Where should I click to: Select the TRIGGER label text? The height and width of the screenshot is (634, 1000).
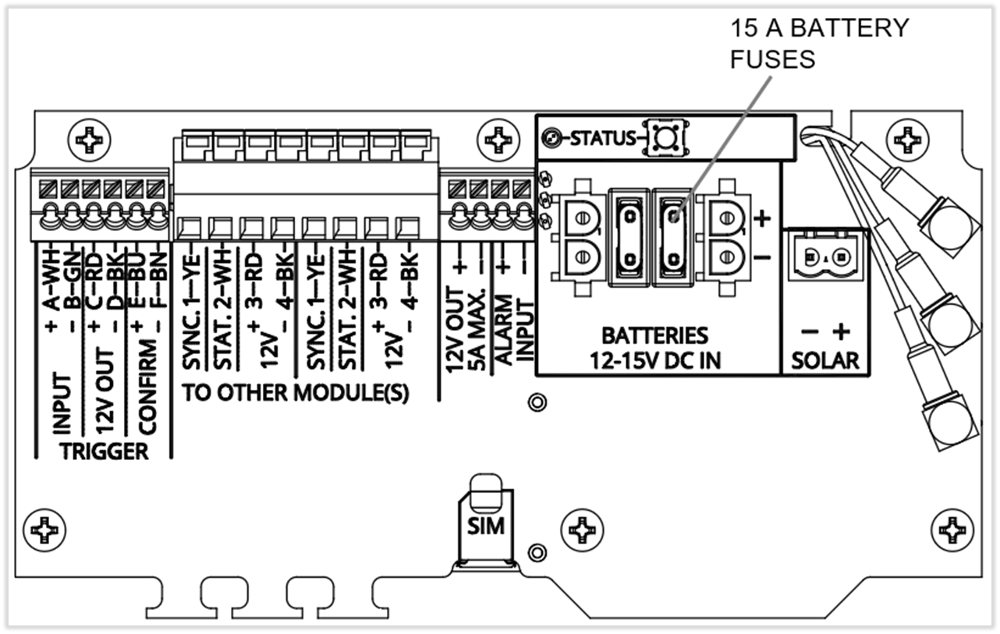104,451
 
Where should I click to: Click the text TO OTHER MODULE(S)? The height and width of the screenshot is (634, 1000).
296,393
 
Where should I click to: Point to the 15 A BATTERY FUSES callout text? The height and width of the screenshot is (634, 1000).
819,43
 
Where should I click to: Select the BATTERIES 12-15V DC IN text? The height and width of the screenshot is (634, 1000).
655,348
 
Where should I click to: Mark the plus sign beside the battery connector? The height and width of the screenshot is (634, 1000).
763,219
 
